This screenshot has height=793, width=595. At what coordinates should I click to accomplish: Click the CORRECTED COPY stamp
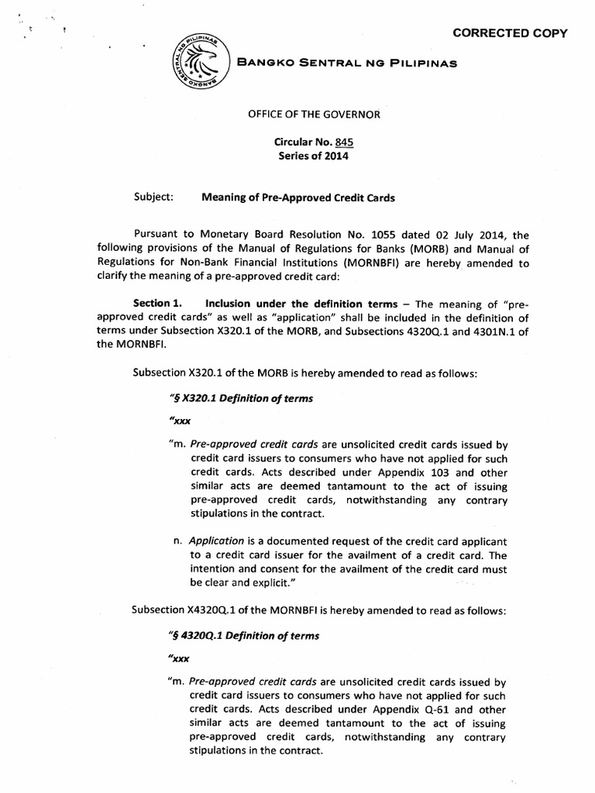pyautogui.click(x=510, y=33)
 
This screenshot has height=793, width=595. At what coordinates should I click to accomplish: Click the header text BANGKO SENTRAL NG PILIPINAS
pyautogui.click(x=346, y=63)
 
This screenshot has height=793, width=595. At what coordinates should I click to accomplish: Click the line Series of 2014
pyautogui.click(x=314, y=156)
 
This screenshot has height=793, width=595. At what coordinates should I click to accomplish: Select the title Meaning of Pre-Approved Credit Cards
pyautogui.click(x=298, y=197)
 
